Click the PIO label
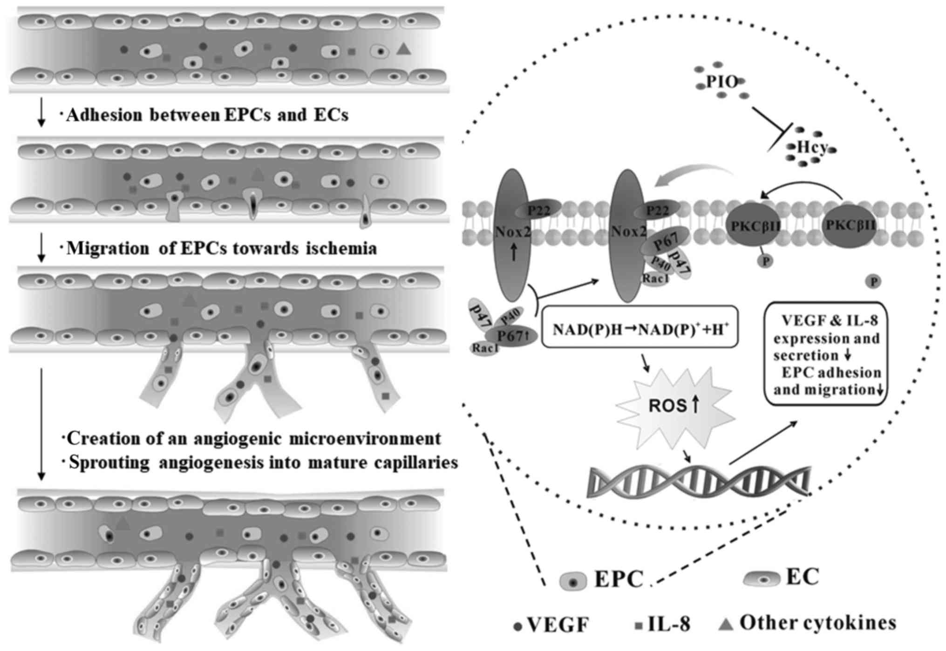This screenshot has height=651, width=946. pos(721,82)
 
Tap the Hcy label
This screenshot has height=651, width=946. pos(812,148)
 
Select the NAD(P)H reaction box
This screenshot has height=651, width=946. pos(640,327)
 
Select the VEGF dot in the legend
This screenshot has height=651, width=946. pos(517,627)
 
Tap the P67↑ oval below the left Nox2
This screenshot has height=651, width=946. pos(511,335)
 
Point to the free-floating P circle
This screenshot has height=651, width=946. pos(873,282)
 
